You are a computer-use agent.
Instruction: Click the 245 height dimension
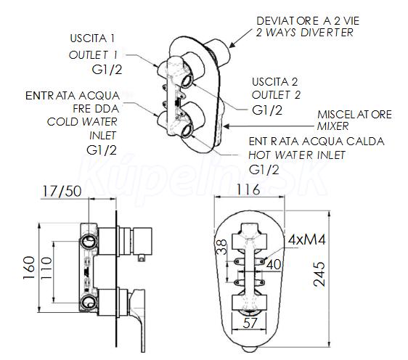click(319, 274)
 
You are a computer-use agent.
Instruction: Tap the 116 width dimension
click(248, 189)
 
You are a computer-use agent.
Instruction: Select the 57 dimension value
click(250, 323)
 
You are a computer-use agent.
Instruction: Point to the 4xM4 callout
click(306, 240)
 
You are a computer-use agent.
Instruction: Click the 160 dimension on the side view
click(29, 268)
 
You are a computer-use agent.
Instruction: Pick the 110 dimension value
click(46, 268)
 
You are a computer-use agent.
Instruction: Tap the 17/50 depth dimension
click(62, 191)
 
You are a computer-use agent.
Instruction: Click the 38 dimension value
click(222, 247)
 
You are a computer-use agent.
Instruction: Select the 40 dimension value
click(274, 264)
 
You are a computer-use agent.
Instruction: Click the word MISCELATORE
click(354, 115)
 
